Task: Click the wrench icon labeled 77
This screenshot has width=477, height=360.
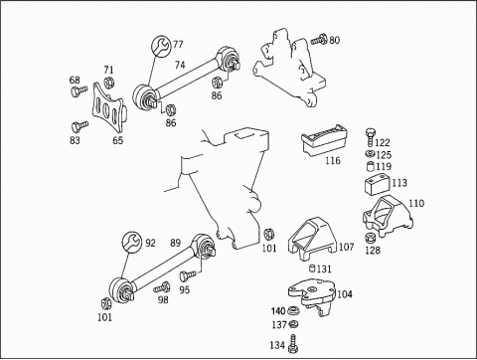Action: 161,47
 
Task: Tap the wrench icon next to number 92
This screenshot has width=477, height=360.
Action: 132,242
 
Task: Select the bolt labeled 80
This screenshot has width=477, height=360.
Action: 319,40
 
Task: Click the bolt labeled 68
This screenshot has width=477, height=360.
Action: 79,91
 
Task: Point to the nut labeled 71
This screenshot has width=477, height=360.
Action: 108,82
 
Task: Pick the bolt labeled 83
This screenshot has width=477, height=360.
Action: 79,126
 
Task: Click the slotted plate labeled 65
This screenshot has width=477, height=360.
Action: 108,108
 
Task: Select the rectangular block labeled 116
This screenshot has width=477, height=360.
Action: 324,140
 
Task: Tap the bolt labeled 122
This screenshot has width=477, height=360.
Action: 371,137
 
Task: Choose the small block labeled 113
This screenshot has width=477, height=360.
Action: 378,185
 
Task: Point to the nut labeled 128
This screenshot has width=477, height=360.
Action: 370,239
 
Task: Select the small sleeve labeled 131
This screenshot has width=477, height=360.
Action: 313,268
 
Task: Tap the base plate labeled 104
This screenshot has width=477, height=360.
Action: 312,296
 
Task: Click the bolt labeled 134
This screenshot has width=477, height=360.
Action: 293,344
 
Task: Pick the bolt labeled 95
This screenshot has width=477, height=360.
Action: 188,275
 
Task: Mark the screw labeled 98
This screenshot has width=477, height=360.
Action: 162,287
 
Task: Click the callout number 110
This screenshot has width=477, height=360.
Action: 416,203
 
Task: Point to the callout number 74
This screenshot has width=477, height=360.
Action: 180,65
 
